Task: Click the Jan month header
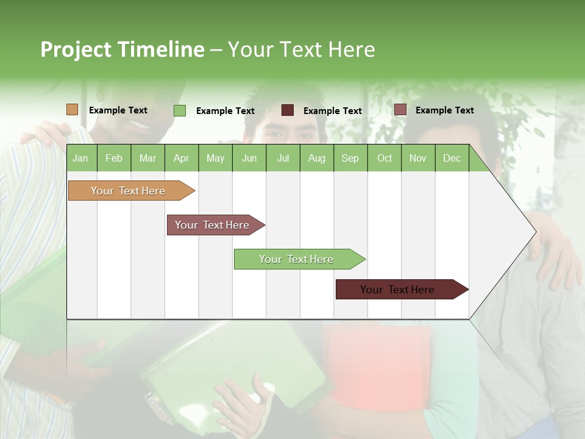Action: pyautogui.click(x=80, y=158)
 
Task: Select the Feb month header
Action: pyautogui.click(x=114, y=158)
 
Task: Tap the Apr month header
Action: pyautogui.click(x=181, y=158)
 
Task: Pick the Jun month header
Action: pyautogui.click(x=249, y=158)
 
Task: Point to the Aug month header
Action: pyautogui.click(x=316, y=158)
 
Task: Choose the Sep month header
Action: pyautogui.click(x=350, y=158)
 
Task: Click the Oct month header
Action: pyautogui.click(x=385, y=158)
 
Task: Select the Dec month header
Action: pyautogui.click(x=452, y=158)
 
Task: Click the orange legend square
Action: pyautogui.click(x=72, y=110)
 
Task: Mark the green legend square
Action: pyautogui.click(x=180, y=110)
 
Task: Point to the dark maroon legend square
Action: pyautogui.click(x=288, y=110)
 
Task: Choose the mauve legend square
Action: pyautogui.click(x=400, y=110)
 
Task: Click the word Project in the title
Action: pyautogui.click(x=76, y=49)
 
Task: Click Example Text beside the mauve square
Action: pyautogui.click(x=444, y=110)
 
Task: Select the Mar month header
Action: pyautogui.click(x=147, y=158)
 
